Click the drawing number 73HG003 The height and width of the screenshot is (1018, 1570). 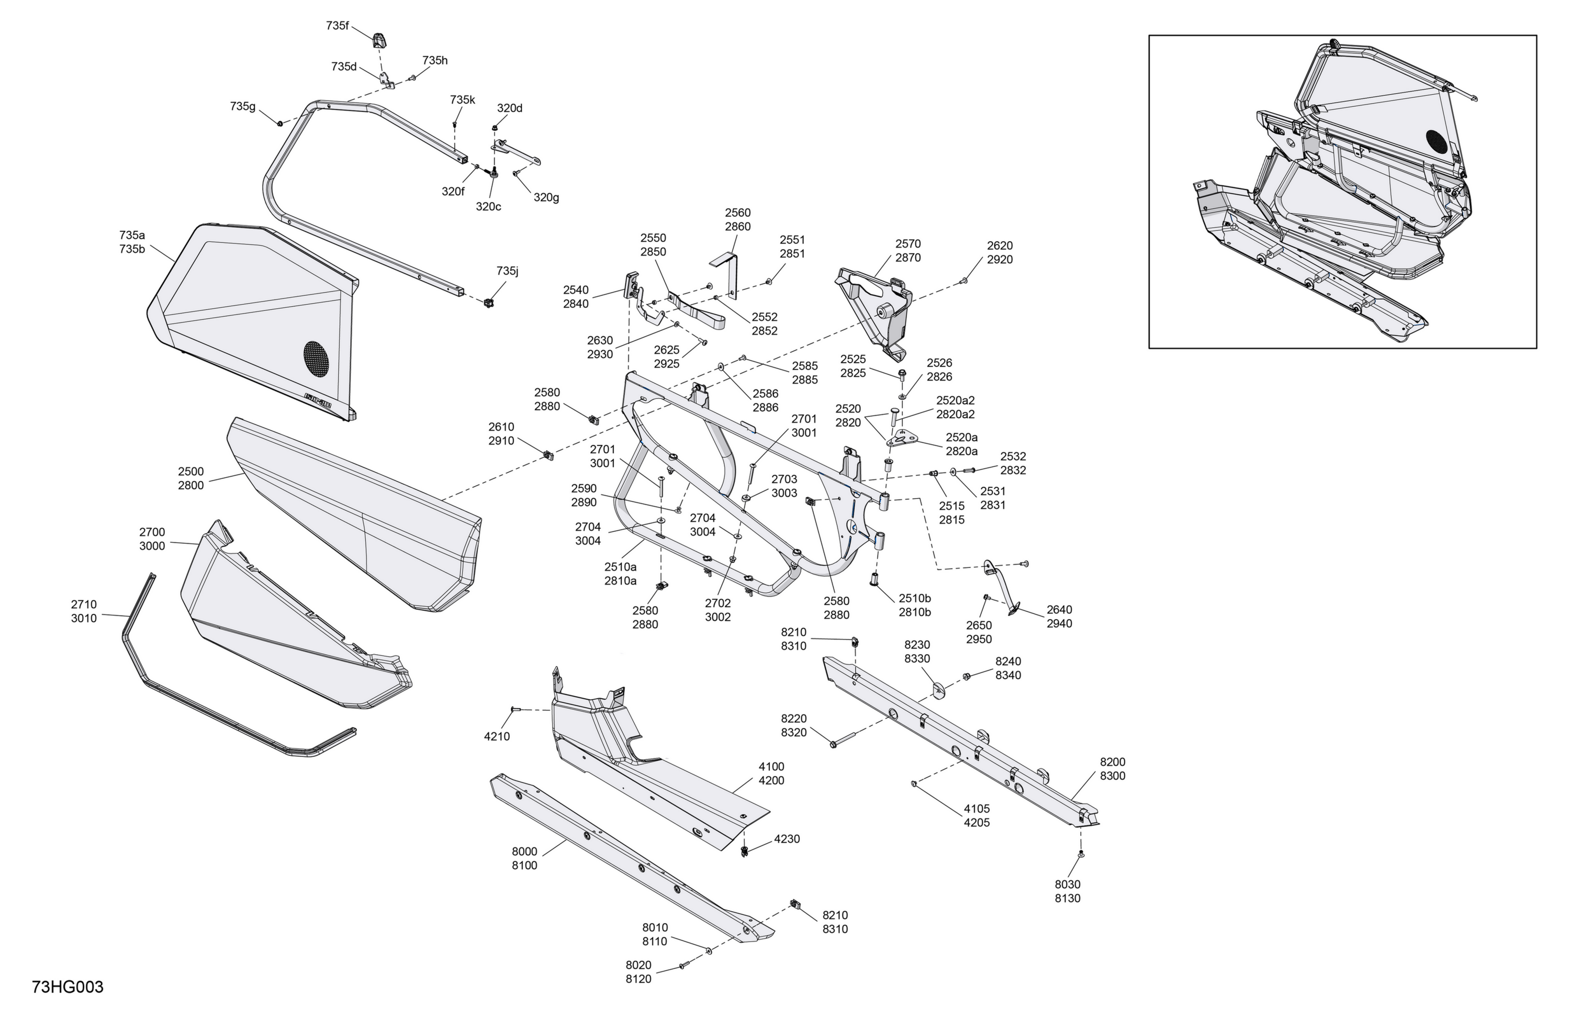68,988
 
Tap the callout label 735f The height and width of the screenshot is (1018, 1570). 337,26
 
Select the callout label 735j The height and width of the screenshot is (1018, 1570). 507,271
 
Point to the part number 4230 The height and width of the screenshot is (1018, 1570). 787,839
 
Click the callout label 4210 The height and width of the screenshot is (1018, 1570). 497,737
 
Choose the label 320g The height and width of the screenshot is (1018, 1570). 546,197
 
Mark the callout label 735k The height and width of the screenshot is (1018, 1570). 463,99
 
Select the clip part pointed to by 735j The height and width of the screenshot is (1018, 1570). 489,303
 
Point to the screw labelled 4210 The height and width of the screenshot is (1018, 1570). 516,709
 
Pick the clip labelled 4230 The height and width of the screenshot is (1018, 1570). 745,851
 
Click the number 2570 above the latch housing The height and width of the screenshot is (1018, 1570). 907,244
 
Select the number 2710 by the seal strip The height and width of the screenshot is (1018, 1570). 84,605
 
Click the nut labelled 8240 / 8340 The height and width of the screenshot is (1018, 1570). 967,676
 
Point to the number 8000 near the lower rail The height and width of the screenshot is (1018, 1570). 524,852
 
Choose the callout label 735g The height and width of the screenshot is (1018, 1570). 243,106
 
